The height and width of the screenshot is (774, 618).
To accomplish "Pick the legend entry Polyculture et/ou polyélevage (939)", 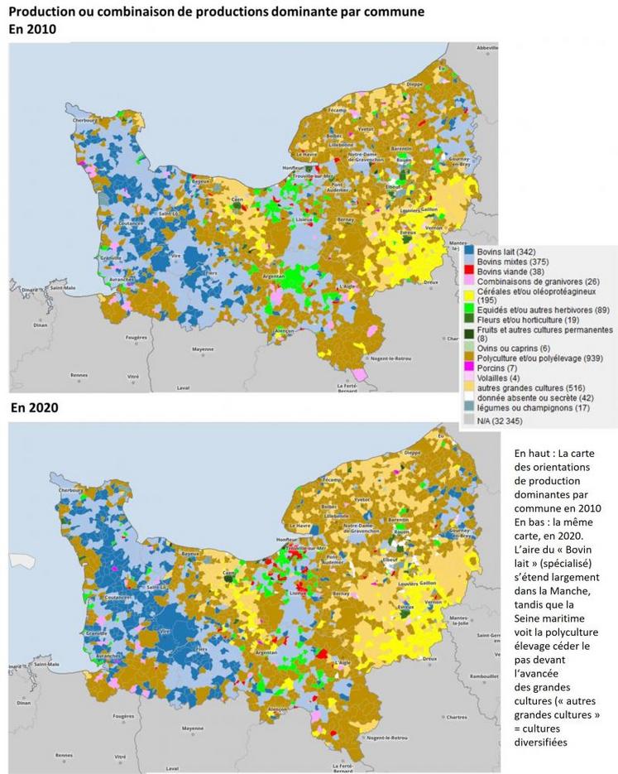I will click(522, 358).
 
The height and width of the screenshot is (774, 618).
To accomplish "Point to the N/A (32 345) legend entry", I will click(496, 421).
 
